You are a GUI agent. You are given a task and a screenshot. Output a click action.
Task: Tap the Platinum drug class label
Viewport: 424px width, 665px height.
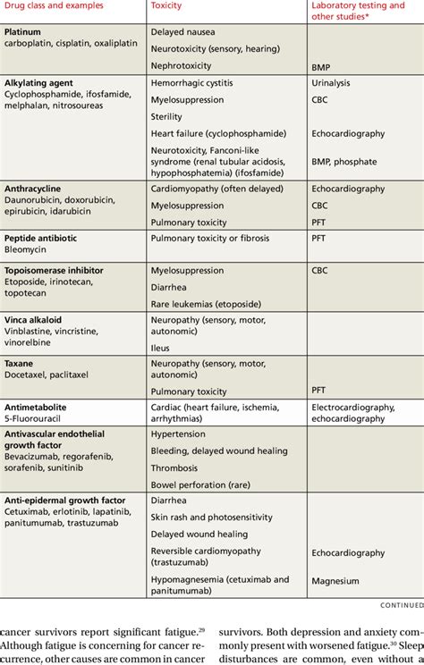22,31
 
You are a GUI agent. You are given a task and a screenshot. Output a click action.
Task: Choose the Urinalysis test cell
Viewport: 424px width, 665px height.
332,83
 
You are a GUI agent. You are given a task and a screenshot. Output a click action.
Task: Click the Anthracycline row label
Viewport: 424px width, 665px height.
35,189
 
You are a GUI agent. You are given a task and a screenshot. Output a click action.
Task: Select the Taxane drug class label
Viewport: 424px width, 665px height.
21,364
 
